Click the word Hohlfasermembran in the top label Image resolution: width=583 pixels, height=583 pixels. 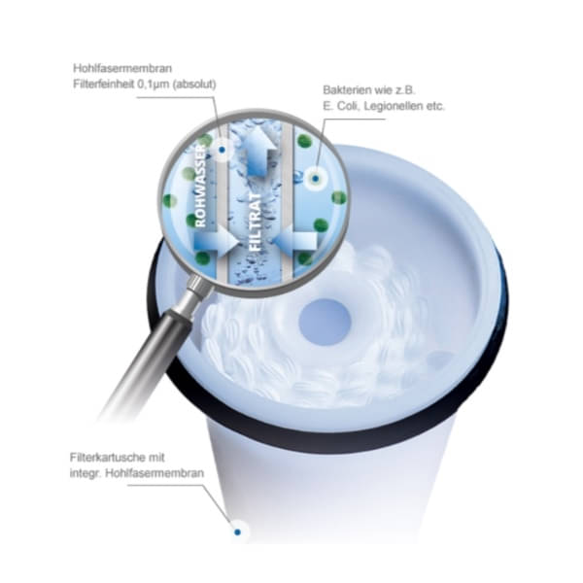[122, 68]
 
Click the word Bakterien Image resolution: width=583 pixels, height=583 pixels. [345, 90]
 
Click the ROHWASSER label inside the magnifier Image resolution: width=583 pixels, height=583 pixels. [200, 186]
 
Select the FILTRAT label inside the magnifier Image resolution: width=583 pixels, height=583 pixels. [256, 222]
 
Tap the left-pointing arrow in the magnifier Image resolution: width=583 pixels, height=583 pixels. [296, 241]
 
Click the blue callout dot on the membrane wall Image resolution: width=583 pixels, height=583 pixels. [222, 150]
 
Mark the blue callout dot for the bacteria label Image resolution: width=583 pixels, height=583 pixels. [315, 179]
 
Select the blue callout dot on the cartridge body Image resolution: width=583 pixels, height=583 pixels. [238, 532]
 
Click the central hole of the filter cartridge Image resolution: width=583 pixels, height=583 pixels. [325, 322]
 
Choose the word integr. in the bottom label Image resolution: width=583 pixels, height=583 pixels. [86, 474]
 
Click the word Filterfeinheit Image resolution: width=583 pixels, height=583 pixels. [104, 85]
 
